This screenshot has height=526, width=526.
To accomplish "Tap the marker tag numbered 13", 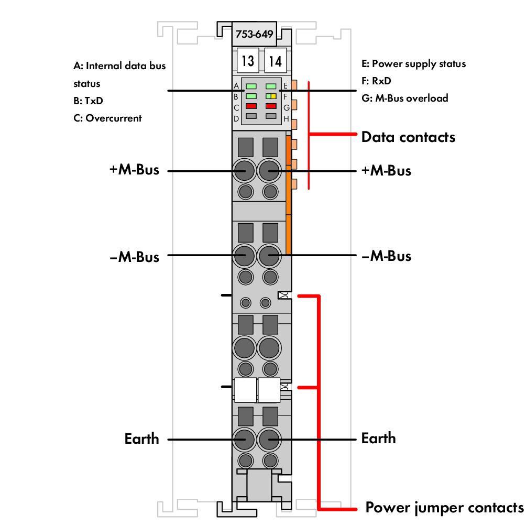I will point(247,61).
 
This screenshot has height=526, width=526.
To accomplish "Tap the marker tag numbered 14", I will point(275,61).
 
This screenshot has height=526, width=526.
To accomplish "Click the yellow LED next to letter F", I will point(273,96).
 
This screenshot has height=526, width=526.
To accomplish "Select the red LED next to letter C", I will point(251,106).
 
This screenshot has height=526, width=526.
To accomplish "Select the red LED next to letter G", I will point(271,106).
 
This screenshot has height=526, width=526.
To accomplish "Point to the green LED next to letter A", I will point(251,86).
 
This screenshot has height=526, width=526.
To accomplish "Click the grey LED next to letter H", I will point(271,116).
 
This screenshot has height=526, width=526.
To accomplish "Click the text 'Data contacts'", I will point(408,137).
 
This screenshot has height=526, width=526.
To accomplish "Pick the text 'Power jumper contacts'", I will point(444,508).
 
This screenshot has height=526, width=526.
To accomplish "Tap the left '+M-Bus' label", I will point(134,170).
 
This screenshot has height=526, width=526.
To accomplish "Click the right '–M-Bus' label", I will point(386,256).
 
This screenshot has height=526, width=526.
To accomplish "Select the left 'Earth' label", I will point(141,439).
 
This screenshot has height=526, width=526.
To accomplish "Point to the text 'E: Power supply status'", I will point(413,64).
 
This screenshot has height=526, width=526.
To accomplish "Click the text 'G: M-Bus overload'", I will point(404,98).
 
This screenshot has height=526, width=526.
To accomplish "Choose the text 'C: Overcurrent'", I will point(107,118).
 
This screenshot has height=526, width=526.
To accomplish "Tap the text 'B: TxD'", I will point(88,101).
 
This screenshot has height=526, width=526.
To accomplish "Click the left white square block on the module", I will point(245,390).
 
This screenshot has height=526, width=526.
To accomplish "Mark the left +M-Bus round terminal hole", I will point(244,170).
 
